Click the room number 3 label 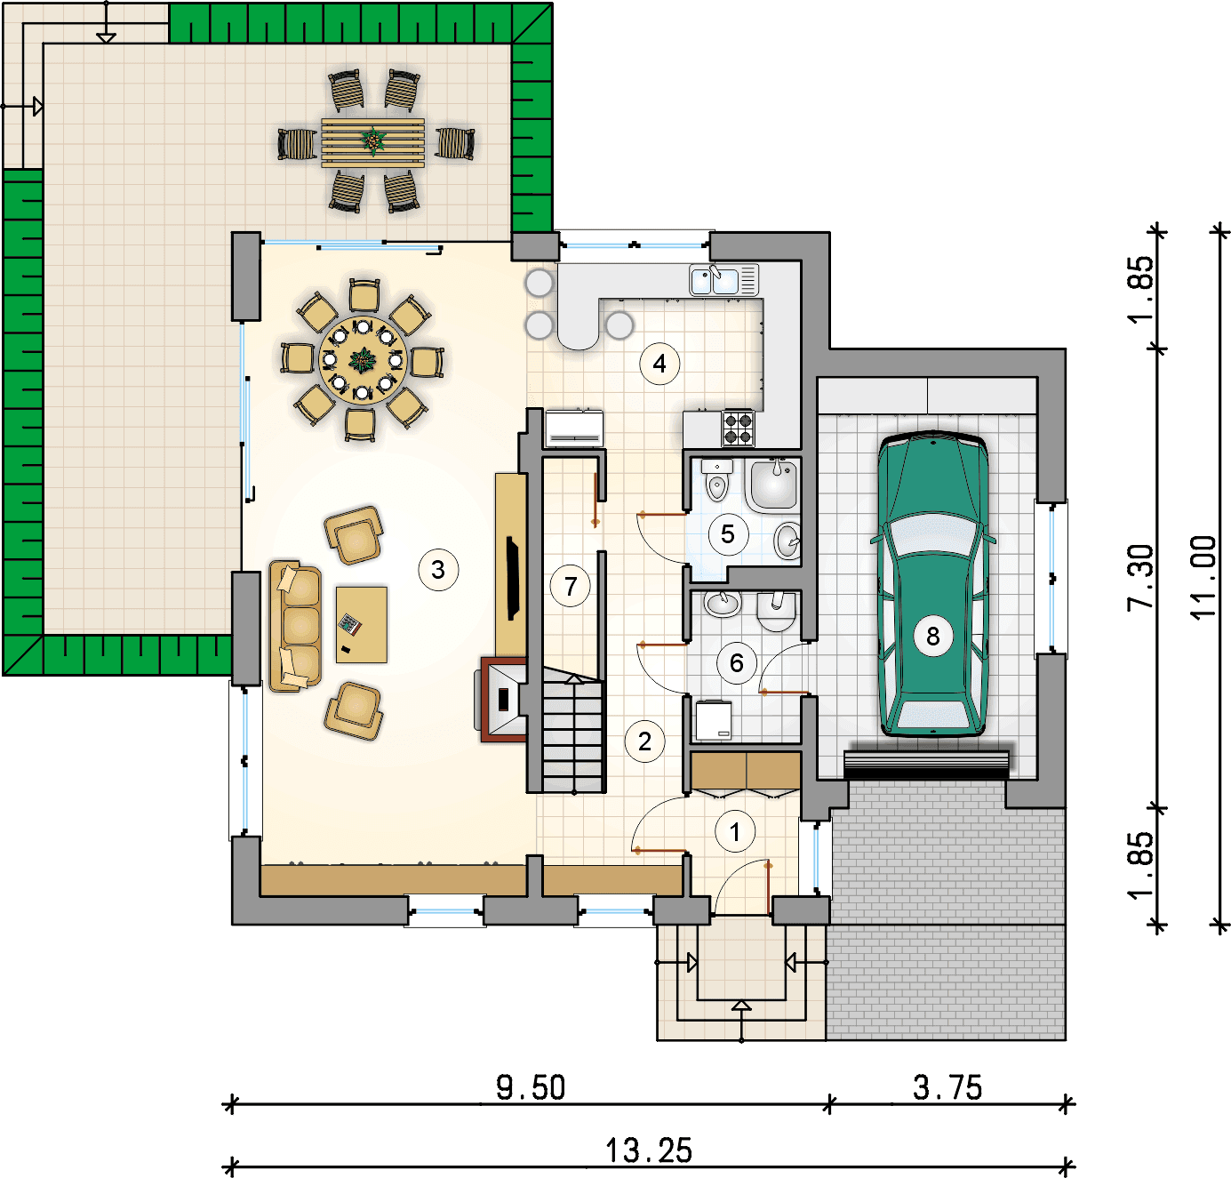[438, 570]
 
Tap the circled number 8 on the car [933, 637]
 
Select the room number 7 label [570, 587]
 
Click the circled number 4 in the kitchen [659, 364]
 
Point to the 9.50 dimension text [530, 1087]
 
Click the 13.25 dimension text [649, 1150]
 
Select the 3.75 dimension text [947, 1087]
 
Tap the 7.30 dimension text [1140, 578]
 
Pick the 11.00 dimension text [1203, 578]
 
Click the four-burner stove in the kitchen [739, 429]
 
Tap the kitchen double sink [723, 280]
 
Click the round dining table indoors [362, 360]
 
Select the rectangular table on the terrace [372, 143]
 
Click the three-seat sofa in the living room [295, 626]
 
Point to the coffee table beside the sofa [361, 624]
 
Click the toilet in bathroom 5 [716, 479]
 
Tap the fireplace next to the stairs [503, 699]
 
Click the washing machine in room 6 [714, 719]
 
